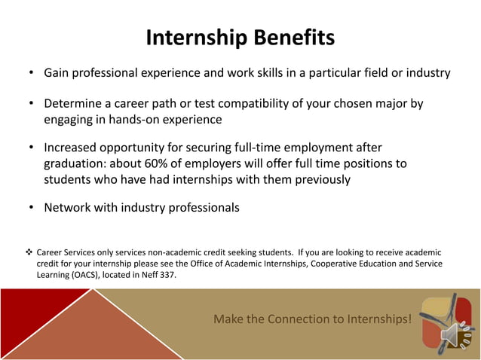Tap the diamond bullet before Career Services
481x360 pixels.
point(29,252)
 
